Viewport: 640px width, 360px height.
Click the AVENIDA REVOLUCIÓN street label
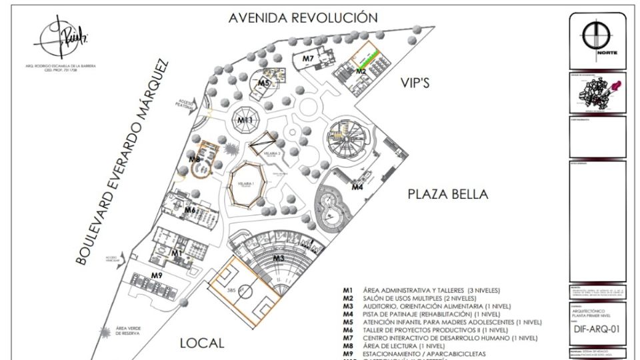(303, 17)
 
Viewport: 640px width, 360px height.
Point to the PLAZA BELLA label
(448, 194)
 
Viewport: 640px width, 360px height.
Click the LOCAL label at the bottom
(202, 343)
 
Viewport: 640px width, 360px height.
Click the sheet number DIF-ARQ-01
(597, 329)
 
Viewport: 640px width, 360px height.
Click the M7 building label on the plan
(307, 59)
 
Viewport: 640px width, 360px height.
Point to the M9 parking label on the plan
(157, 275)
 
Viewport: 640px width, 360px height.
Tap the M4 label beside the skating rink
(357, 187)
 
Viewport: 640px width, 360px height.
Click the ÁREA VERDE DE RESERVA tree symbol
(104, 330)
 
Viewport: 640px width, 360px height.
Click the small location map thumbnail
(597, 95)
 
